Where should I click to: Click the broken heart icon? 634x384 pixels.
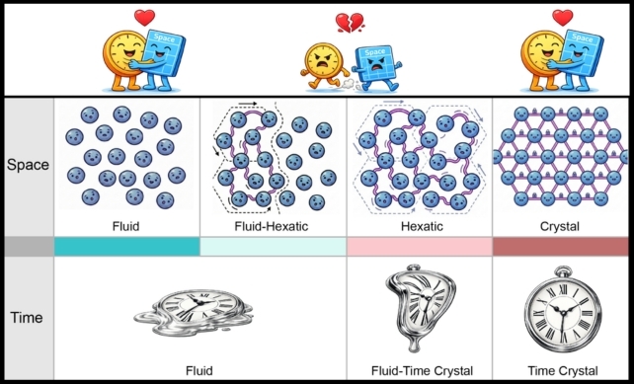350,23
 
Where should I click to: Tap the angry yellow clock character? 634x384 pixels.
324,65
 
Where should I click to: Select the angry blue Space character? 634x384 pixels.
377,67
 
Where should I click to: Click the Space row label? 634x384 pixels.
28,165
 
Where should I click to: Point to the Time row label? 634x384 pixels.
27,317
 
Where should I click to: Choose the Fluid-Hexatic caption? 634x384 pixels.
272,226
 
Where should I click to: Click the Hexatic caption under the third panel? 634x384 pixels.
422,226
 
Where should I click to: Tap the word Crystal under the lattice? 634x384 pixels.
560,226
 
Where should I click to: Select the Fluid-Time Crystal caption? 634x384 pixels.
422,370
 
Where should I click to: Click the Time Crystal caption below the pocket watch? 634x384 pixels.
563,370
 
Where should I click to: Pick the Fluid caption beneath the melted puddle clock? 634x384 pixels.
198,370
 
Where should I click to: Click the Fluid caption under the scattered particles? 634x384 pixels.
125,226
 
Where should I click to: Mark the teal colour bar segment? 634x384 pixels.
127,247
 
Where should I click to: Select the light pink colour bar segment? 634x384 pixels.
420,247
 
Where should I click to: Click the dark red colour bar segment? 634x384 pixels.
560,247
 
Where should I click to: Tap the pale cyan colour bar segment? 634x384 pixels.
273,247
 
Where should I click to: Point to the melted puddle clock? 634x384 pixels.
195,312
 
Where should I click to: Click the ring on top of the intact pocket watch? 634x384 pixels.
563,271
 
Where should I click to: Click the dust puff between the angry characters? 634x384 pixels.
349,85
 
